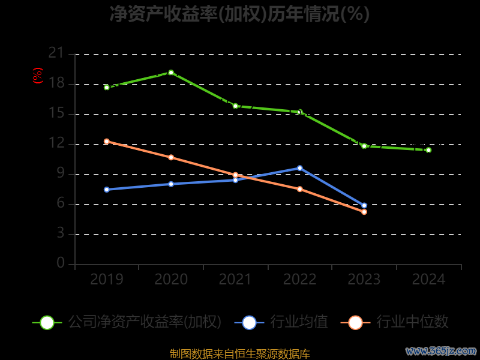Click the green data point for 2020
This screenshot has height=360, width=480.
[x=171, y=73]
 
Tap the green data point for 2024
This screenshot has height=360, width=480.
[x=428, y=150]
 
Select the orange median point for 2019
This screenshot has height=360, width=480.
[x=107, y=142]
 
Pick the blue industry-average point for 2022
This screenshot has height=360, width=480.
[x=299, y=168]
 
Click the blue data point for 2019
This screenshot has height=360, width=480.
[x=107, y=190]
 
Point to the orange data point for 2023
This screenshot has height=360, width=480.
[x=364, y=212]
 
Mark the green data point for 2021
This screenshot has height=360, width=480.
[x=235, y=106]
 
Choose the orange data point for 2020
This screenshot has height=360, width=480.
[x=171, y=157]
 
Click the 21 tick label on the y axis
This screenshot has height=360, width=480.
[x=56, y=53]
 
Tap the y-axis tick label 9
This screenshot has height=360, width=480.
[x=60, y=173]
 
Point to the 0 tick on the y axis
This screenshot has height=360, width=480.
[x=60, y=263]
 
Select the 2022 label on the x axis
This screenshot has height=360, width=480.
[x=299, y=280]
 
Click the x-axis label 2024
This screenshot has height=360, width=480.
[x=428, y=280]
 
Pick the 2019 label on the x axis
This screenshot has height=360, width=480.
[x=107, y=280]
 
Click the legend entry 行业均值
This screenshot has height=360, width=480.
[x=299, y=322]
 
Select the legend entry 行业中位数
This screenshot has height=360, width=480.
[x=412, y=322]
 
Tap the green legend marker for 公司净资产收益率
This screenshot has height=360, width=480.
[x=47, y=322]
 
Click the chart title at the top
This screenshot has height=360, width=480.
[x=239, y=13]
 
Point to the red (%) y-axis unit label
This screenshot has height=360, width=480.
[x=37, y=76]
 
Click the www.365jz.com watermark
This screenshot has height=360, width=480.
[x=441, y=350]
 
